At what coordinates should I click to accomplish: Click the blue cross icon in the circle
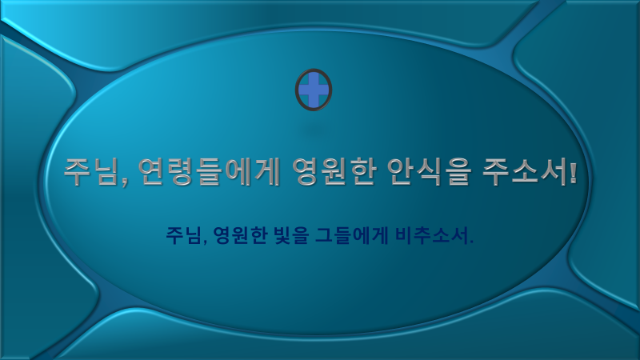(314, 90)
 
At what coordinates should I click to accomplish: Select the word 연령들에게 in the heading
(210, 172)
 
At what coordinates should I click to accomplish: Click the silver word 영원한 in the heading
(334, 172)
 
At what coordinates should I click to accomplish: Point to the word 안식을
(429, 172)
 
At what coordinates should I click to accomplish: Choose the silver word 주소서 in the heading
(524, 172)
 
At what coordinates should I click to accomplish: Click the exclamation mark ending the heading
(573, 172)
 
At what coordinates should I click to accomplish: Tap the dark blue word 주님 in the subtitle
(182, 235)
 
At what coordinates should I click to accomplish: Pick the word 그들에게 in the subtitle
(352, 235)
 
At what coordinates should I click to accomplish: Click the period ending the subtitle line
(471, 242)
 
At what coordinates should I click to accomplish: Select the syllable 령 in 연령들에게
(181, 172)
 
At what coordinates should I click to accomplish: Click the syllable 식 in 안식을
(429, 172)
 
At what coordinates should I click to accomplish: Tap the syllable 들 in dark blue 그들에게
(343, 235)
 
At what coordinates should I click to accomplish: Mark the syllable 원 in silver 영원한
(334, 172)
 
